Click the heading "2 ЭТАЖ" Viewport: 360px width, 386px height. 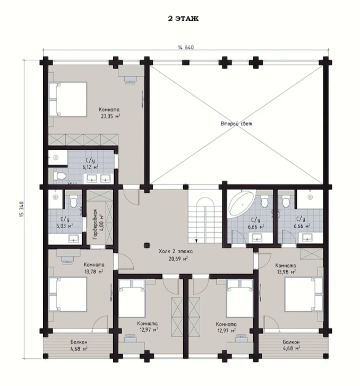click(183, 19)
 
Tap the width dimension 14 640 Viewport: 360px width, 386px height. click(186, 47)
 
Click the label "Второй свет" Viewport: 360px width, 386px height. click(236, 124)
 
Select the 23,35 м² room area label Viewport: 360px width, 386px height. click(110, 116)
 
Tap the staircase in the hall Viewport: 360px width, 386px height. click(205, 216)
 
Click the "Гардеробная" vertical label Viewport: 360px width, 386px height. click(96, 225)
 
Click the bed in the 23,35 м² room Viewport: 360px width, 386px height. click(68, 99)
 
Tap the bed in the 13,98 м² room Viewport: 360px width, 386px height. click(304, 294)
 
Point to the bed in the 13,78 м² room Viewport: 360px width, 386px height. click(68, 294)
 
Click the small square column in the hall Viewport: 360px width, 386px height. click(147, 245)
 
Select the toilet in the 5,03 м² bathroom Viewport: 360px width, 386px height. click(73, 201)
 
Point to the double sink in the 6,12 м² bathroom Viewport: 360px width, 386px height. click(98, 178)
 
